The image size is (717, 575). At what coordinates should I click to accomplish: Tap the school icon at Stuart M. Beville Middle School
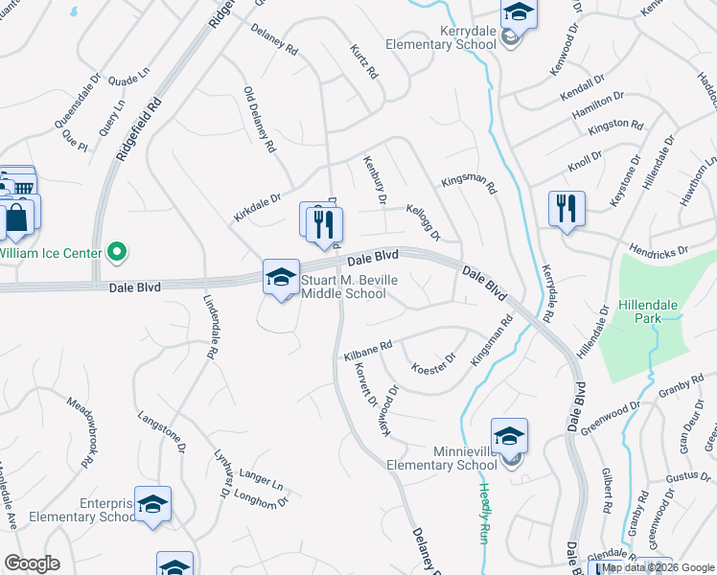[x=281, y=278]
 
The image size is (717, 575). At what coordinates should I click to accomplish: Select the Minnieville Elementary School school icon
[x=510, y=436]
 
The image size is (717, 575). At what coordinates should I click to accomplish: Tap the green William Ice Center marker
[x=118, y=253]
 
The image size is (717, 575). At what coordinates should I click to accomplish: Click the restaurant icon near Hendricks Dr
[x=566, y=209]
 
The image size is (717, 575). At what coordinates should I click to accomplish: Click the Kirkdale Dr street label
[x=256, y=208]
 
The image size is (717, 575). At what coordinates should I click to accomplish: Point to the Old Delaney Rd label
[x=260, y=121]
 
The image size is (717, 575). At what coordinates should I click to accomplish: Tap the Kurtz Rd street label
[x=365, y=61]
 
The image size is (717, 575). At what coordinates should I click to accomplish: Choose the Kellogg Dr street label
[x=422, y=222]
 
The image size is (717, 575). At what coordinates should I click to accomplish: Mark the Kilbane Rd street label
[x=368, y=350]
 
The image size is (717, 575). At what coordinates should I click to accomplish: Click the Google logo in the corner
[x=32, y=563]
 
